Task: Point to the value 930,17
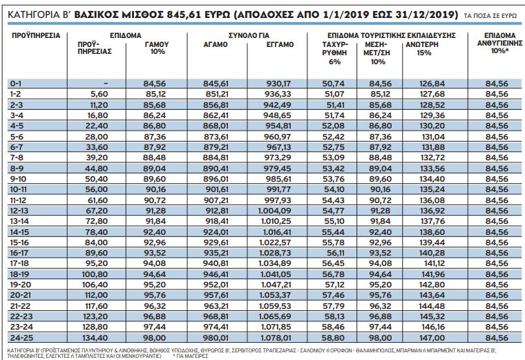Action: point(280,83)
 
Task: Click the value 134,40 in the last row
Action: point(96,337)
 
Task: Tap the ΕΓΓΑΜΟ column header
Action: point(280,44)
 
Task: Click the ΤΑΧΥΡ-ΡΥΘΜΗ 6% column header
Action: point(335,52)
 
